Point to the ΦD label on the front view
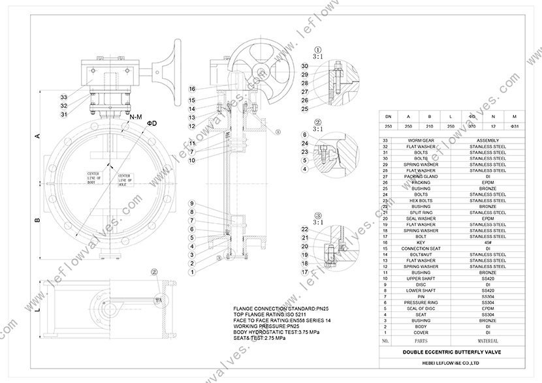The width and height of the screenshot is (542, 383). coord(151,123)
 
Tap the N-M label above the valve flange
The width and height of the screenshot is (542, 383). coord(136,116)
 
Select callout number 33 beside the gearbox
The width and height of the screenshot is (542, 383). coord(63,96)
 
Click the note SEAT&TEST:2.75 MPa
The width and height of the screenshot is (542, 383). coord(259,338)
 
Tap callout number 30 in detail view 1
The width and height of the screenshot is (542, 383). coord(304,66)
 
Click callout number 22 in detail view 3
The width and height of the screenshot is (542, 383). coord(304,229)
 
